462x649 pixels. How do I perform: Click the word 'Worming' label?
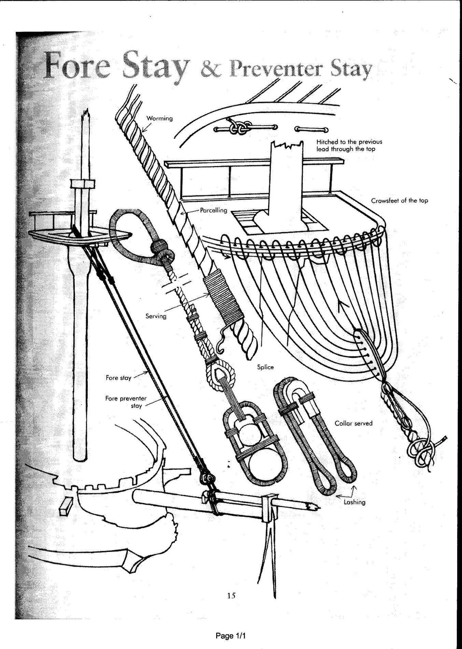click(x=159, y=119)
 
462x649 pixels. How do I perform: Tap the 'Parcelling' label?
click(x=213, y=210)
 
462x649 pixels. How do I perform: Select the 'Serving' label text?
click(x=156, y=316)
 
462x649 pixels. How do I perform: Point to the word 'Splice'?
click(x=265, y=367)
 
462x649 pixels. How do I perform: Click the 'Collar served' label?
click(x=353, y=423)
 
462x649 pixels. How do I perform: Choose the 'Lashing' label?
click(x=354, y=502)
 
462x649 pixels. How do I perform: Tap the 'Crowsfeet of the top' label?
click(x=399, y=201)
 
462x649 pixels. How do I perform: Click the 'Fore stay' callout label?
click(x=118, y=378)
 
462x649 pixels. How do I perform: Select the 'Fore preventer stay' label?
click(x=126, y=402)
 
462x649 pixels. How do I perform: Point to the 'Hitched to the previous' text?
click(x=349, y=141)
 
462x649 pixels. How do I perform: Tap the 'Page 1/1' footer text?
click(x=231, y=636)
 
